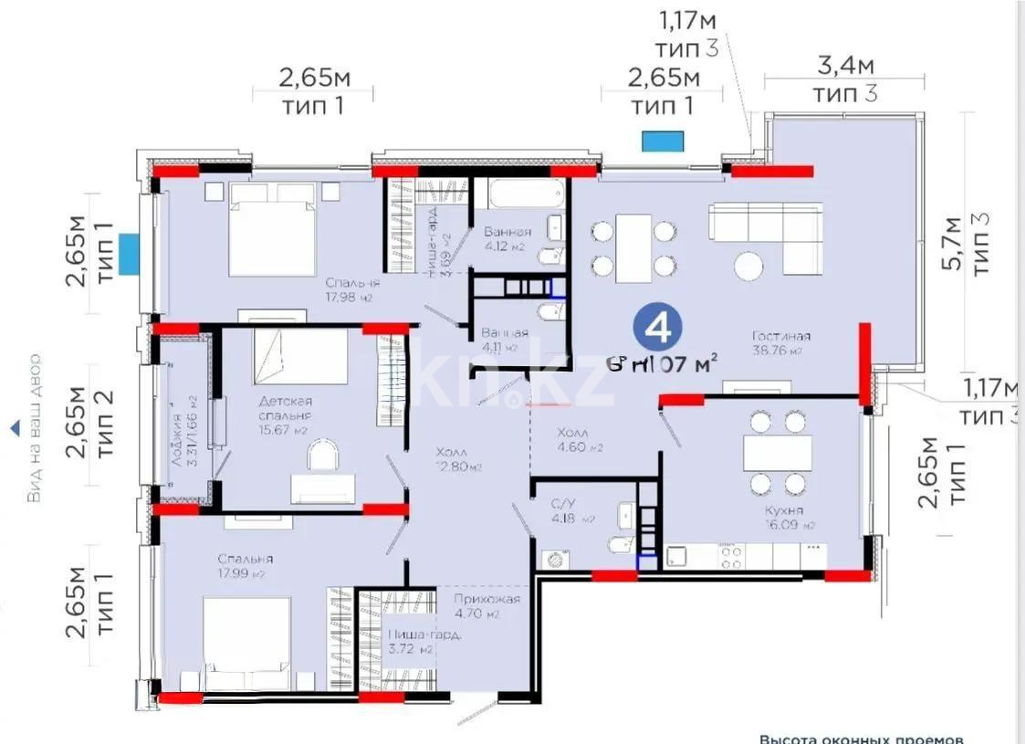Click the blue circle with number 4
(x=656, y=326)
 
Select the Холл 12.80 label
(x=457, y=459)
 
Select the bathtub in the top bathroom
(x=516, y=194)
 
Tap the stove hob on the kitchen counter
(x=730, y=554)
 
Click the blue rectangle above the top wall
(x=662, y=141)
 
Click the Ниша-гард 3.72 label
(x=409, y=643)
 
